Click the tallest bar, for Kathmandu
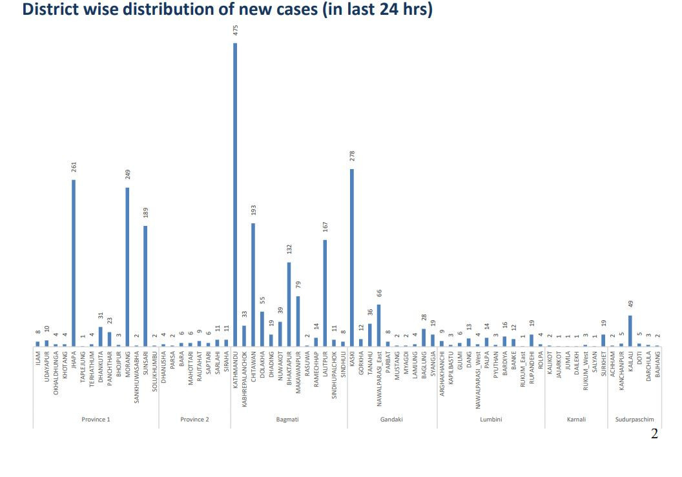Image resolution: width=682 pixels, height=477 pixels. coord(235,194)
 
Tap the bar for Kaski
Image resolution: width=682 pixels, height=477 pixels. coord(352,258)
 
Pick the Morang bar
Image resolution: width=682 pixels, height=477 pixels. coord(127,267)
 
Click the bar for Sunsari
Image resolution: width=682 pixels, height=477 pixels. coord(145,286)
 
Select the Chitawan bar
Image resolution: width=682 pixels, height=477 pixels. coord(253,285)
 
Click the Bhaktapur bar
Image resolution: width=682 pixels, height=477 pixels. coord(289,304)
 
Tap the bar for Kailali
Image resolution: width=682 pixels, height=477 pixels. coord(630,330)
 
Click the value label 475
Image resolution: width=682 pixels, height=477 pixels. coord(236,30)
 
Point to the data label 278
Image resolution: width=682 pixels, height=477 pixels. coord(353,156)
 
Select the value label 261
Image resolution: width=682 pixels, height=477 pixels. coord(74,167)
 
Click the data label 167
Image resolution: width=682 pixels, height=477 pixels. coord(325,227)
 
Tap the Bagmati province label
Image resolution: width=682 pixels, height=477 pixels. coord(287,420)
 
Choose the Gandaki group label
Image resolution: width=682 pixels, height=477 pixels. coord(392,420)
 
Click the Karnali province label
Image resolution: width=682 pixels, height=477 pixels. coord(576,420)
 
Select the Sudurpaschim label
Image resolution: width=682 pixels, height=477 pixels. coord(634,420)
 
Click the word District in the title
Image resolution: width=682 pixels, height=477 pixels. coord(56,10)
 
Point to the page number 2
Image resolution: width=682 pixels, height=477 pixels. coord(654,434)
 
